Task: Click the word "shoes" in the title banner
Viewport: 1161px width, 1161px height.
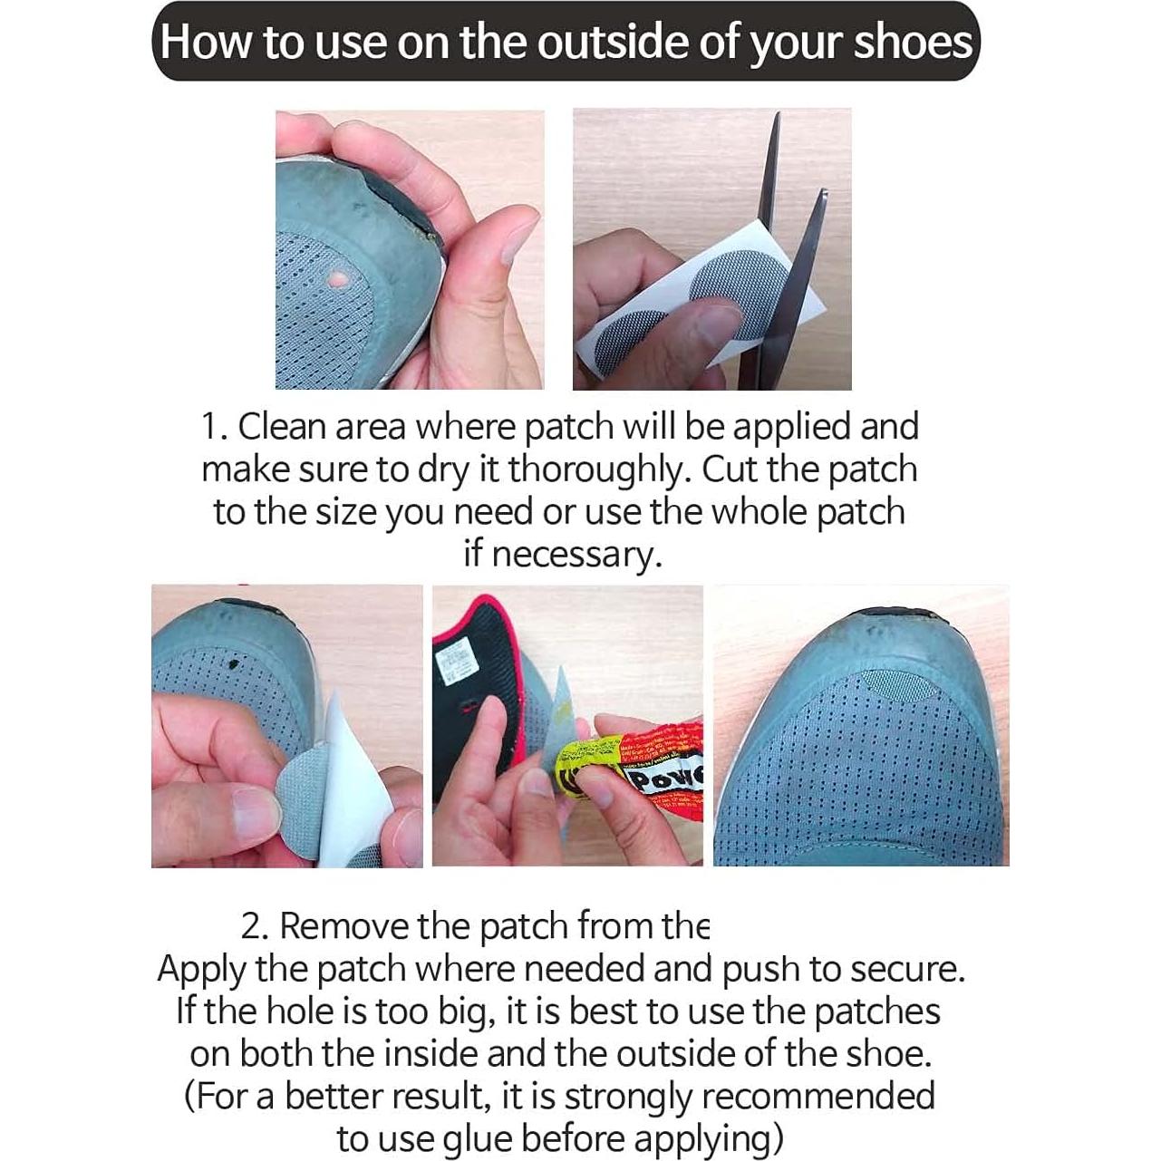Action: (x=912, y=43)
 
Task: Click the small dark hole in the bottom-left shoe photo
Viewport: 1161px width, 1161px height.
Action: (x=235, y=663)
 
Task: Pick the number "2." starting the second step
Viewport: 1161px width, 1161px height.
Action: (x=256, y=926)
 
